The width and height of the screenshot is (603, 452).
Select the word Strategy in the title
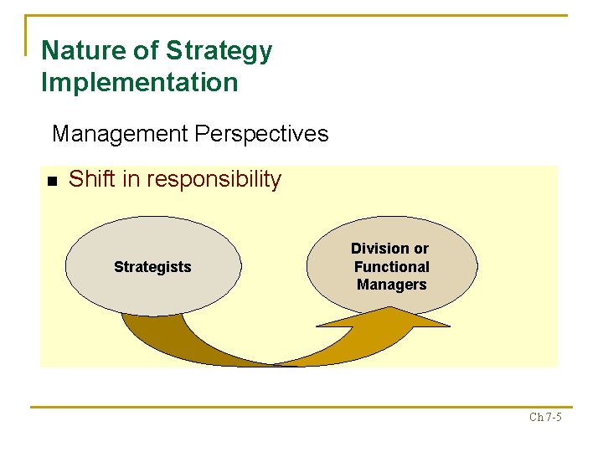(219, 51)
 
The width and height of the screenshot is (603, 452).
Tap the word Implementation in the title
(139, 83)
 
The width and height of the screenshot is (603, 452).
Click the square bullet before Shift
(51, 181)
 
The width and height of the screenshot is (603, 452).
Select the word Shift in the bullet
(90, 179)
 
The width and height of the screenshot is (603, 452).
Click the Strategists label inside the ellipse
(152, 267)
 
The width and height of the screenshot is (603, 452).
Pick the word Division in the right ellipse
(379, 249)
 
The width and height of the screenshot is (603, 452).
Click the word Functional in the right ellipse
(391, 267)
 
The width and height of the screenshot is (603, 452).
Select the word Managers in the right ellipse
(391, 285)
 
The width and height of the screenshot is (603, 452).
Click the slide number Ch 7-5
(545, 417)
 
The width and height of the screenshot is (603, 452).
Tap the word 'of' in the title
(147, 51)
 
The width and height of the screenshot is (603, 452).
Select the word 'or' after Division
(420, 249)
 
